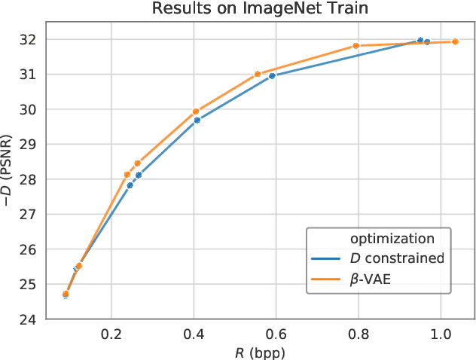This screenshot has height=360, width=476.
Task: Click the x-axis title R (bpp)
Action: [260, 351]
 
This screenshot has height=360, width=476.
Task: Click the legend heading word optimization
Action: [392, 239]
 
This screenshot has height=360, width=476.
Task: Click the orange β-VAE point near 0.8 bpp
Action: [356, 46]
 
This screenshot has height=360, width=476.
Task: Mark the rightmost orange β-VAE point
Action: [455, 41]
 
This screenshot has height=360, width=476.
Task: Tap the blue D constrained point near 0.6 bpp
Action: [272, 75]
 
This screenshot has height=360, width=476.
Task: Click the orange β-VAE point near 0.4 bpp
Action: [196, 111]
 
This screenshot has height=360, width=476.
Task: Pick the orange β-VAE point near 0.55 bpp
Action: [258, 74]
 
